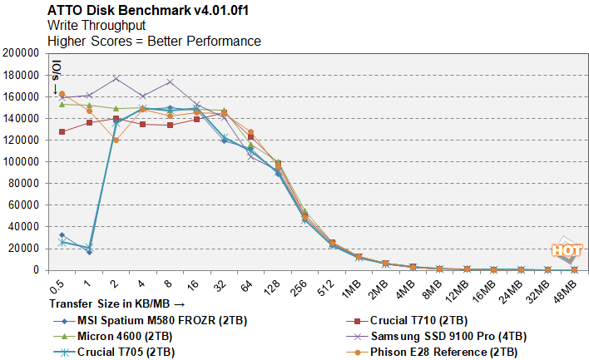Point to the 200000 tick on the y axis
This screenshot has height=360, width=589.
pos(24,52)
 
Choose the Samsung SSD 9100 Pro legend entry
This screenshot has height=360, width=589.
pos(445,336)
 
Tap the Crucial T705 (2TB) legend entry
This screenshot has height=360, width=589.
pos(123,352)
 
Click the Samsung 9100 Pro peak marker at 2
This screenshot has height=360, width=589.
pos(116,78)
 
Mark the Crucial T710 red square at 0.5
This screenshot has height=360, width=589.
pos(62,131)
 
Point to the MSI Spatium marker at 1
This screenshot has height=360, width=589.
pos(88,251)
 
